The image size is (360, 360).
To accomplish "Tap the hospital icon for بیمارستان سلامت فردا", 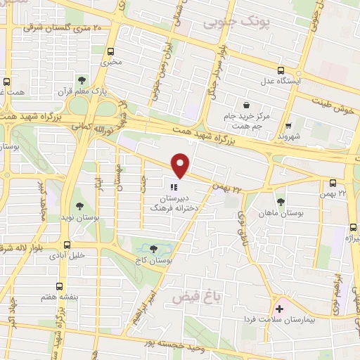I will [x=279, y=309].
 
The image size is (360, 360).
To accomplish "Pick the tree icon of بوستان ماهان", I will [x=281, y=202].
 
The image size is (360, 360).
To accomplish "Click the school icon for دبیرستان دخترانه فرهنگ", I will [x=173, y=186].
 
